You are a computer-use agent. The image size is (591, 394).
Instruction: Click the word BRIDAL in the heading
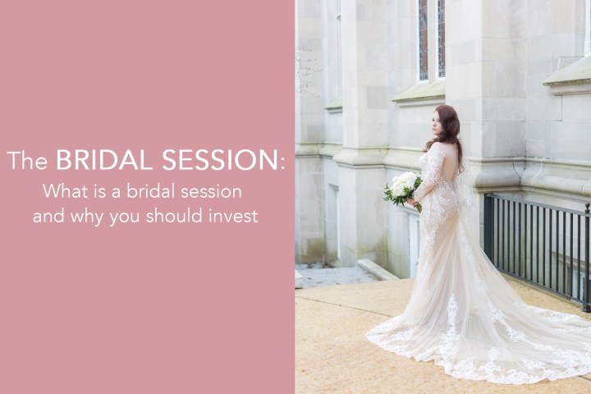click(x=108, y=160)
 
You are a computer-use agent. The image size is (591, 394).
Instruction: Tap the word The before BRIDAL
click(x=29, y=162)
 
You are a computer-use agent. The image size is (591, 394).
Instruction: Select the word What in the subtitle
click(x=63, y=192)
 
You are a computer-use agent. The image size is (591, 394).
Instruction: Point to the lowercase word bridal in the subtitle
click(x=163, y=192)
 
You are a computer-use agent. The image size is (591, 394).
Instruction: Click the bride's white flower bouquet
click(x=401, y=188)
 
